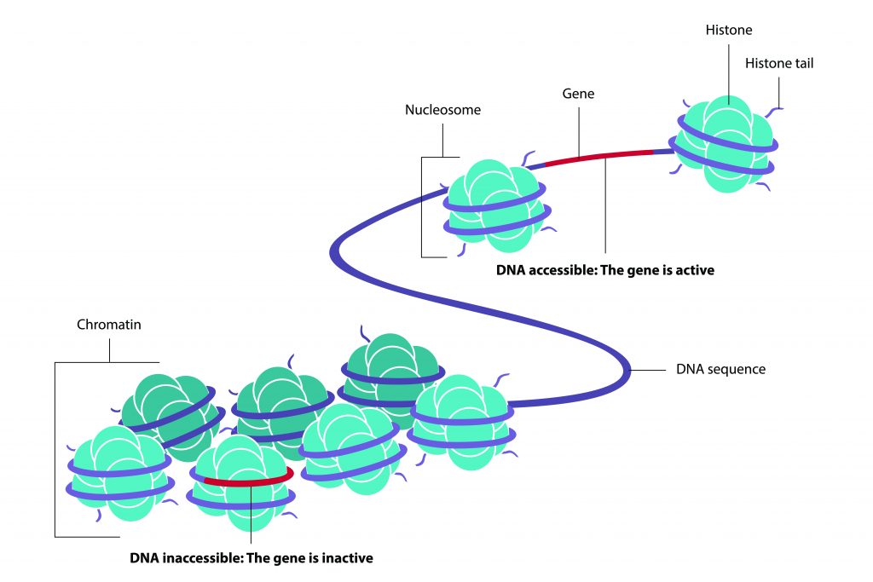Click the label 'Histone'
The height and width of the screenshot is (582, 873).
tap(729, 31)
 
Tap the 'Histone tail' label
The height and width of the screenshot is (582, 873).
tap(779, 63)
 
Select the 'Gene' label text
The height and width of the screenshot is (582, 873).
tap(578, 94)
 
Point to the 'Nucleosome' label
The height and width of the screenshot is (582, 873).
tap(442, 110)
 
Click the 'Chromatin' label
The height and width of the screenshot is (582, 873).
tap(108, 325)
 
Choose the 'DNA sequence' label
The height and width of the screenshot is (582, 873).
tap(720, 370)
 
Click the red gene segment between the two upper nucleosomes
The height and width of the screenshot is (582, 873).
tap(597, 156)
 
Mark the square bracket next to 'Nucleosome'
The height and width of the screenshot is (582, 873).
tap(424, 205)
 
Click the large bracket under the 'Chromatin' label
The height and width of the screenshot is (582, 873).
tap(56, 447)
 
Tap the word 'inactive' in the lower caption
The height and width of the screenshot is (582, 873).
tap(349, 559)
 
